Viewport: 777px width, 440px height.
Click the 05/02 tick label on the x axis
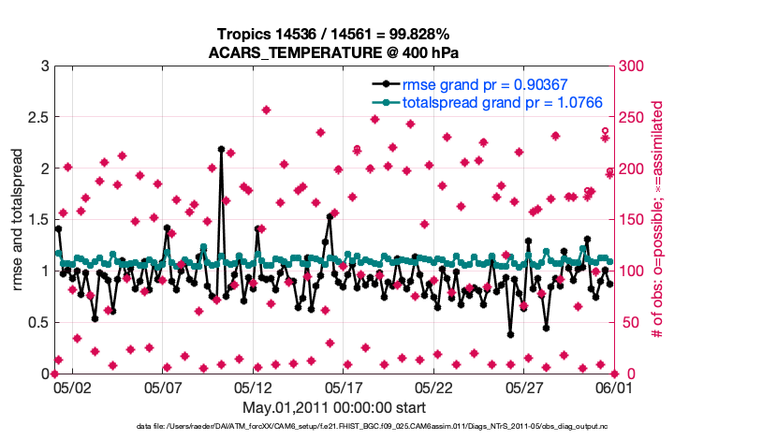(x=72, y=386)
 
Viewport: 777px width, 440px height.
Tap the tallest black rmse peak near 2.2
(x=221, y=149)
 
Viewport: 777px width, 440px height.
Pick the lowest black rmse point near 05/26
(x=510, y=334)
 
